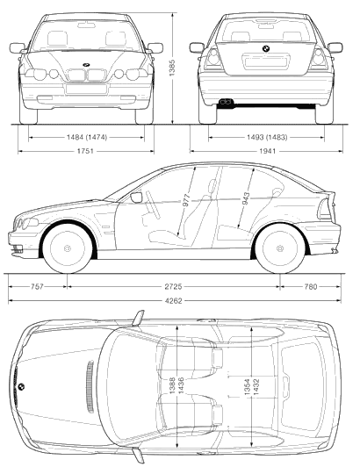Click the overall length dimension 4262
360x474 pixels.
[x=174, y=301]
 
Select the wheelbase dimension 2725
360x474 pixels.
[x=173, y=286]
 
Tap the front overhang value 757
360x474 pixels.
[x=37, y=286]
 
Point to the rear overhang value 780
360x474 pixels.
[x=311, y=286]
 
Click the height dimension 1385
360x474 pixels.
[x=172, y=68]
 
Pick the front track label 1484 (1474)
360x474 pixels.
[x=87, y=138]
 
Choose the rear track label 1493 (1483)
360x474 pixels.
[x=267, y=138]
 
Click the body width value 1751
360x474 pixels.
[x=85, y=151]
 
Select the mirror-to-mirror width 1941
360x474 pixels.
[x=268, y=151]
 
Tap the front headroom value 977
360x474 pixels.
[x=186, y=200]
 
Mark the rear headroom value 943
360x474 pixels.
[x=246, y=198]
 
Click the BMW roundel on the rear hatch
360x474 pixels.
[x=266, y=48]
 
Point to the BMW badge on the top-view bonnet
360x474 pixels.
[x=21, y=386]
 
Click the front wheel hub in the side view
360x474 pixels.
[x=68, y=248]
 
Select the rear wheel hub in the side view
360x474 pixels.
[x=280, y=248]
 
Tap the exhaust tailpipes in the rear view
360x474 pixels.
[x=225, y=102]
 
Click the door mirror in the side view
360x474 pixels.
[x=136, y=197]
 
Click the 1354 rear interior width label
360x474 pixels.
[x=247, y=387]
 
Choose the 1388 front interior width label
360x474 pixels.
[x=172, y=385]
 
